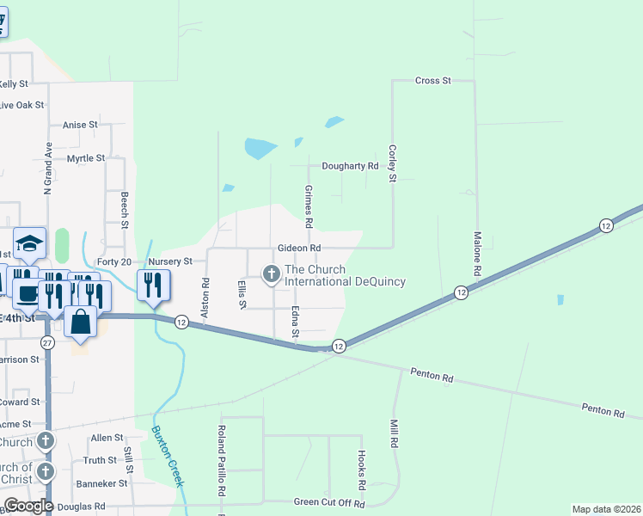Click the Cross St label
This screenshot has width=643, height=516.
point(433,81)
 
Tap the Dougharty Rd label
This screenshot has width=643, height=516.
point(350,166)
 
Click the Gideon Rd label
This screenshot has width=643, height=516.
point(298,248)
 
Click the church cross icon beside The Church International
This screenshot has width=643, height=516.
point(272,274)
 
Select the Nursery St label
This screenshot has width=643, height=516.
point(169,261)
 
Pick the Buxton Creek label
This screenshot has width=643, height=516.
point(168,456)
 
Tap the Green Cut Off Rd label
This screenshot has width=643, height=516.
point(330,503)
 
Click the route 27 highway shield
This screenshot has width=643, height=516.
point(48,342)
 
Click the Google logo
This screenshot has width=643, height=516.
point(28,505)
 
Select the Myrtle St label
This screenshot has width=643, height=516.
point(86,158)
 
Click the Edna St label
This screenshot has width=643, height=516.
point(295,321)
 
